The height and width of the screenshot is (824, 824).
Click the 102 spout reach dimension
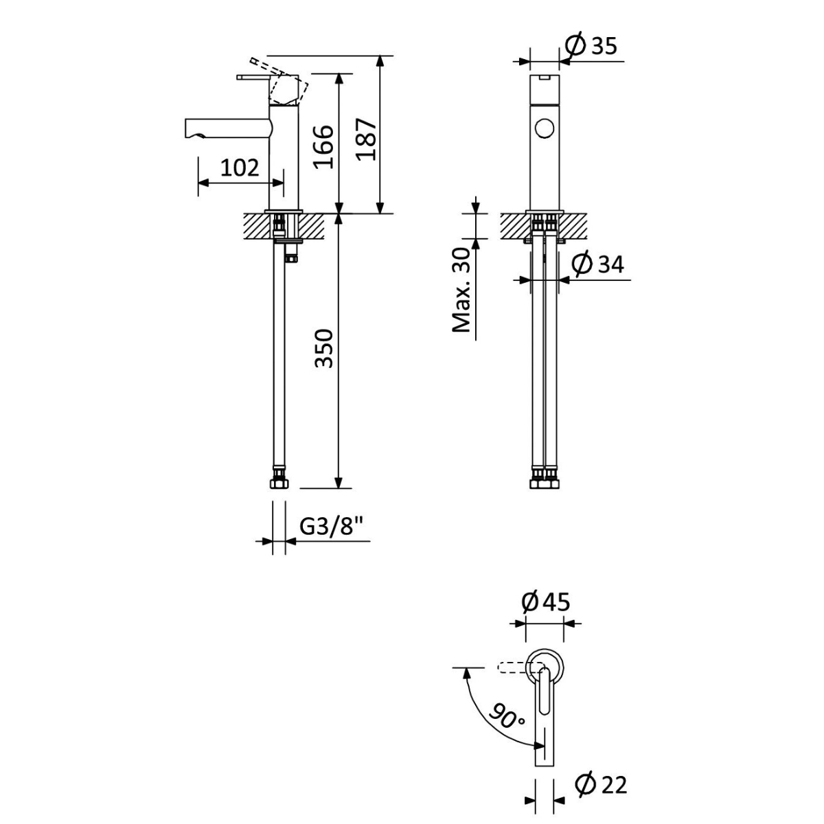(x=240, y=168)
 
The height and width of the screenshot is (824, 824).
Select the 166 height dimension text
(x=323, y=147)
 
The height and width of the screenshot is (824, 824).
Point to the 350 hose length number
(x=323, y=348)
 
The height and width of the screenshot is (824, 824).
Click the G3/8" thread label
(x=332, y=527)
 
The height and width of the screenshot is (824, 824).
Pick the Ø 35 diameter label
(x=591, y=46)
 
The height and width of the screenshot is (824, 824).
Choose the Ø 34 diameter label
(x=597, y=264)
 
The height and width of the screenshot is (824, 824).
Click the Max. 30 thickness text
(x=461, y=290)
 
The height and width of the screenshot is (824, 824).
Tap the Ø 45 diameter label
(x=546, y=602)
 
